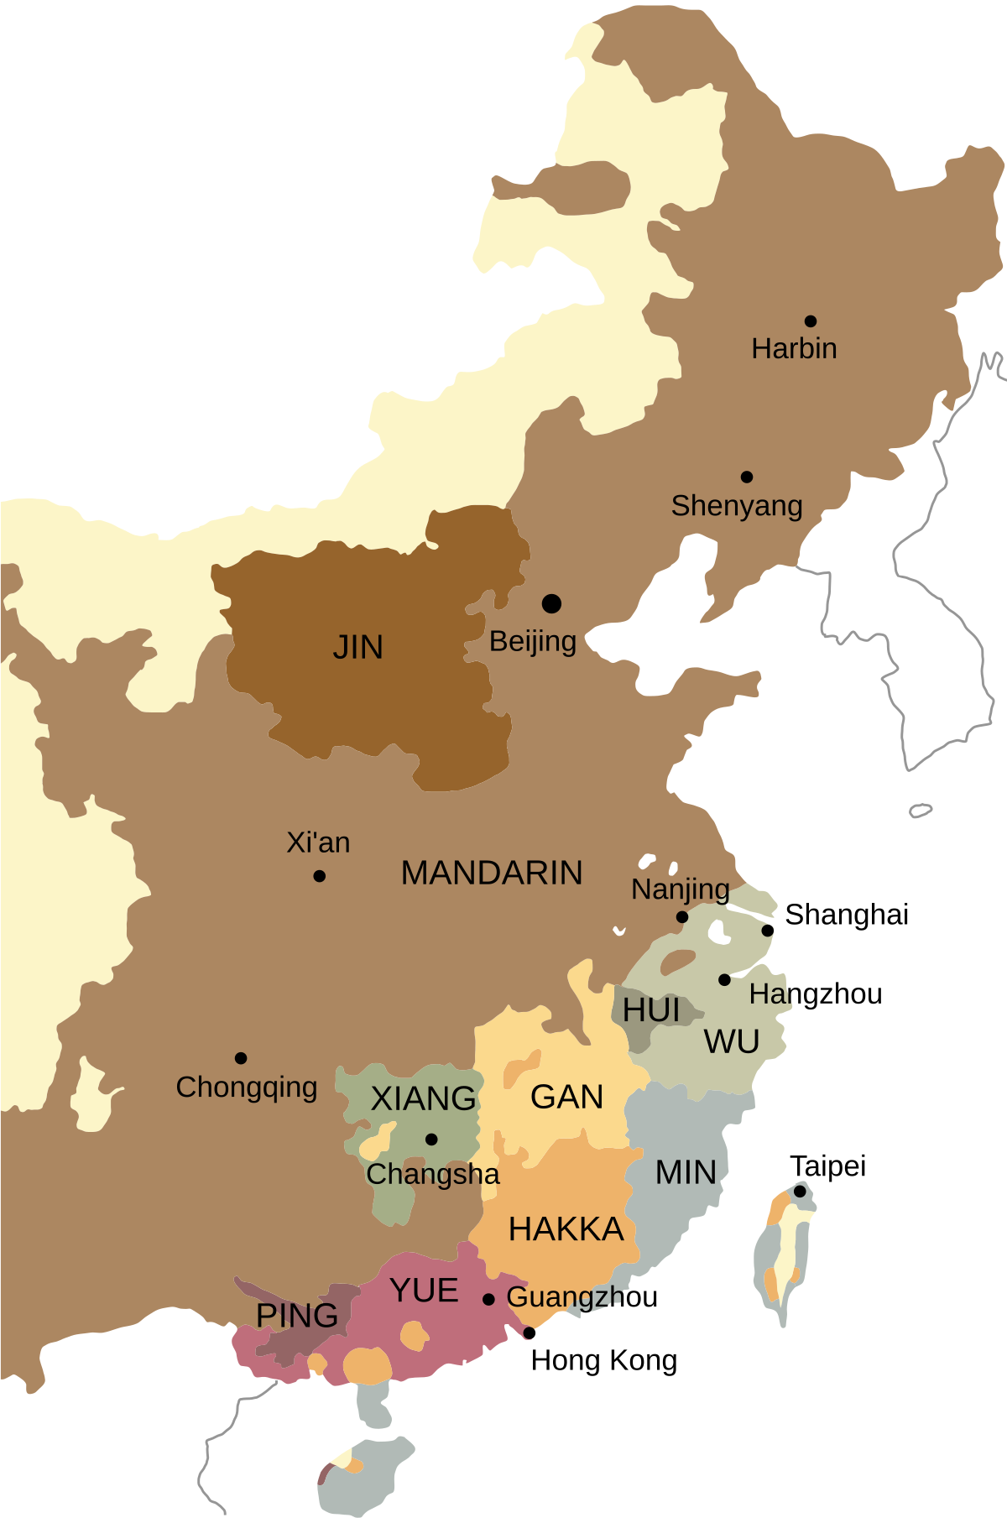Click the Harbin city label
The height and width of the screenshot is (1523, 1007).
[794, 348]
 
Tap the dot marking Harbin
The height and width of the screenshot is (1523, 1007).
[811, 321]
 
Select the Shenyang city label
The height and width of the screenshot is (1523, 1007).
[737, 506]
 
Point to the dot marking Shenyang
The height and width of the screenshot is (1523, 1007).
[747, 477]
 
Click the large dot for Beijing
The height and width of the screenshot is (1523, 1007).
[551, 603]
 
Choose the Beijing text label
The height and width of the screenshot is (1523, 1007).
[533, 642]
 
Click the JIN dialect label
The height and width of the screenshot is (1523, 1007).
[358, 648]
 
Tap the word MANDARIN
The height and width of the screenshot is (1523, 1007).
[492, 874]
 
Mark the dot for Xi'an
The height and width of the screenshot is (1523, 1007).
[320, 876]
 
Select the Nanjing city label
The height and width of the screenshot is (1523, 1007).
[681, 889]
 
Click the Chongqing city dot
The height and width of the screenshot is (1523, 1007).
[241, 1058]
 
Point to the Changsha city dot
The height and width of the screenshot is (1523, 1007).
[431, 1140]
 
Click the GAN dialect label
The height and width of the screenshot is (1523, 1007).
[567, 1098]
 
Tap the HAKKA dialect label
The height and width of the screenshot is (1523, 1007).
[566, 1230]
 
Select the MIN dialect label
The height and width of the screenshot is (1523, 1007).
[686, 1173]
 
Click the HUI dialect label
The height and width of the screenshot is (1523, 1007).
[651, 1010]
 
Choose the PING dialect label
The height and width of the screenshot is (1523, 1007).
[297, 1316]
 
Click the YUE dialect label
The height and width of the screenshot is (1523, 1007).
[425, 1291]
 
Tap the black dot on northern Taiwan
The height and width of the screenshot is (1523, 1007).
[801, 1192]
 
